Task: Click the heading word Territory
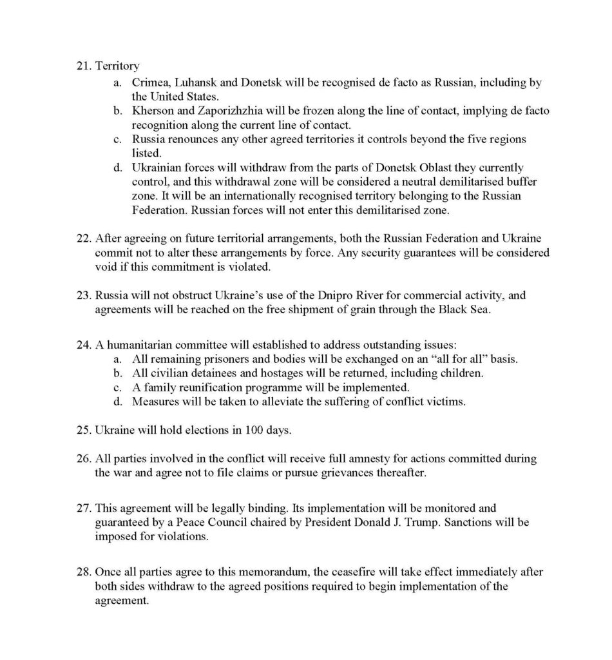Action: pos(117,66)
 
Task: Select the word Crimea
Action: pos(151,82)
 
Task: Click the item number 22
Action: pos(83,238)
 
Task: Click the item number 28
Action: pos(83,572)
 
